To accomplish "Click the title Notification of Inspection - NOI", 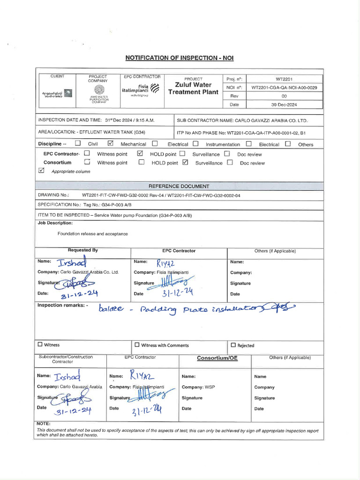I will click(179, 58).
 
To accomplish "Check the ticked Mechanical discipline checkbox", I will click(111, 144).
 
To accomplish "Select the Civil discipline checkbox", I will click(78, 144).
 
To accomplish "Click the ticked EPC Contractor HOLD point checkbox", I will click(140, 154).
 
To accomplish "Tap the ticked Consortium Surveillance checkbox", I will click(185, 163).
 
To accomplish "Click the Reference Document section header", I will click(179, 186).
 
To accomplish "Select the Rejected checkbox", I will click(233, 345).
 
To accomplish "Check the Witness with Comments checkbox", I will click(137, 345).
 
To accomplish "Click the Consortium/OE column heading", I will click(217, 358).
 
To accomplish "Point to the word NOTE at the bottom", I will click(44, 424).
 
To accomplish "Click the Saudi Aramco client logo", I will click(57, 94).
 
